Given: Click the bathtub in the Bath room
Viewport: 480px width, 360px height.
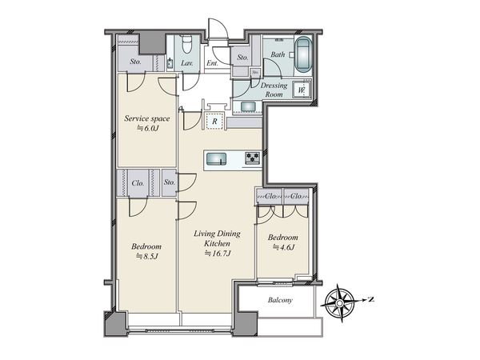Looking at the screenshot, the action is (304, 55).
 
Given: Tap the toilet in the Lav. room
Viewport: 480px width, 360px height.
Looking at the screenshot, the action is (186, 45).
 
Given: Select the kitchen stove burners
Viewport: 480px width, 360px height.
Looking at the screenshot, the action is (253, 158).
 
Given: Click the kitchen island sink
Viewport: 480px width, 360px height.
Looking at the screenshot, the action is (216, 159).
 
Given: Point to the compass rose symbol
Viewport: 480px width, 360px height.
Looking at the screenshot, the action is (340, 303).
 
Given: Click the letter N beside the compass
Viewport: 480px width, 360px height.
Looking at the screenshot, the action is (371, 299).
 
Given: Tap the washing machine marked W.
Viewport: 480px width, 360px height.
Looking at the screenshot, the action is (302, 90).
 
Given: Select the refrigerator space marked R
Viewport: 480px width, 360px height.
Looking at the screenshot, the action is (214, 122).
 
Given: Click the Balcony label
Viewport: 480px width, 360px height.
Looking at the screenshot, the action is (280, 300).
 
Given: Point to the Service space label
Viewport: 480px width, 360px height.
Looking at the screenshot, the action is (147, 118).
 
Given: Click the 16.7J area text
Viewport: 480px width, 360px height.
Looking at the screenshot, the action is (218, 254).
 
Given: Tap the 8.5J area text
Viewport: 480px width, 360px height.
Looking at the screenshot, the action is (146, 256).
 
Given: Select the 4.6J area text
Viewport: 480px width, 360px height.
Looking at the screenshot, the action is (283, 247).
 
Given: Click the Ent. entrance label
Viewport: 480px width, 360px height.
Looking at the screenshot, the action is (212, 63).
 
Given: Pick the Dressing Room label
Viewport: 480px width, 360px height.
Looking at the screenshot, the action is (274, 90).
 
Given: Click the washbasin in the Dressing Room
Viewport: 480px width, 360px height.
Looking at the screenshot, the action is (246, 106).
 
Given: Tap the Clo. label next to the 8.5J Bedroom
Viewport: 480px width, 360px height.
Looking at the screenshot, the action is (138, 183).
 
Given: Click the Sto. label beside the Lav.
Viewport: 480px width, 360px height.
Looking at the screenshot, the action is (135, 62).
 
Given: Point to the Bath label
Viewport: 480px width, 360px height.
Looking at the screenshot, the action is (278, 54).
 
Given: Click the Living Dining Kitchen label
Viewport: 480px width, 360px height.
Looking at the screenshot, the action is (217, 238).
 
